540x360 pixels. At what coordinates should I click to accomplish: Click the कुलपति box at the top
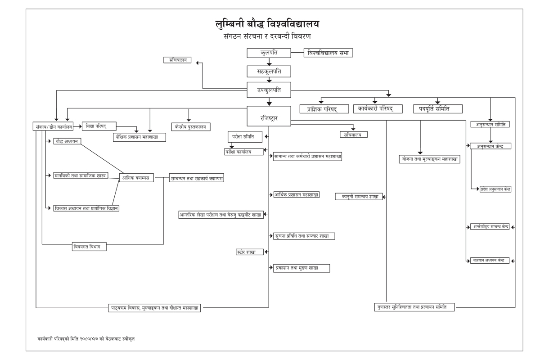(x=269, y=53)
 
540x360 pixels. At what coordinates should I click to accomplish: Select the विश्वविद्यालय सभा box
(x=328, y=53)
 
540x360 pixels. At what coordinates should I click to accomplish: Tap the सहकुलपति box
(x=269, y=72)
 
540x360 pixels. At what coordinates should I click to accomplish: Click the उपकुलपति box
(x=269, y=90)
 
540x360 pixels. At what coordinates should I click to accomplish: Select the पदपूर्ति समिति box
(x=437, y=108)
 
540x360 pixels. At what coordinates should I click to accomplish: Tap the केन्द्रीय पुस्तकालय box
(x=190, y=127)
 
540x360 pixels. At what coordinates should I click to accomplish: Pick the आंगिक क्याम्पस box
(x=136, y=178)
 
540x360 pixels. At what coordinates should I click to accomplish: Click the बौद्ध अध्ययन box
(x=67, y=141)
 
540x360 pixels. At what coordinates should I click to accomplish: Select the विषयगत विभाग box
(x=89, y=247)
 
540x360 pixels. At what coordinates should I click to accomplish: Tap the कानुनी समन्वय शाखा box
(x=359, y=197)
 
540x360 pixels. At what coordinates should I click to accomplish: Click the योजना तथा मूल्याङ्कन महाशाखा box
(x=429, y=159)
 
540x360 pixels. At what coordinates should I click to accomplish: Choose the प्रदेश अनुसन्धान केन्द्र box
(x=495, y=189)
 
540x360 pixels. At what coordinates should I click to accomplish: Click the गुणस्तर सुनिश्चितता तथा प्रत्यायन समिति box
(x=414, y=307)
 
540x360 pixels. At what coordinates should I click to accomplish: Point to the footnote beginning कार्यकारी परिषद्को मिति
(x=86, y=338)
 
